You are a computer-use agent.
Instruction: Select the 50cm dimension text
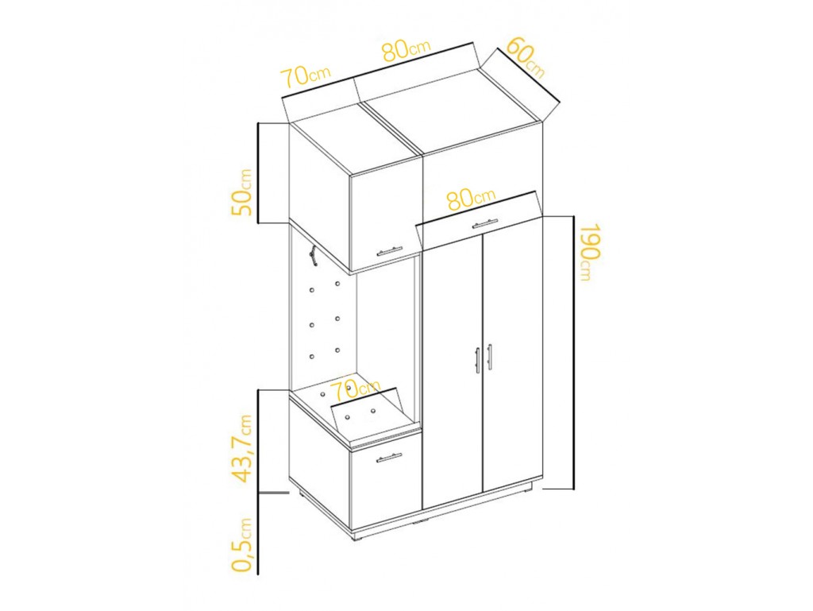(242, 192)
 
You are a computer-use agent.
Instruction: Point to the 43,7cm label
(242, 448)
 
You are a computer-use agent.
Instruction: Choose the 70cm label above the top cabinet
(306, 76)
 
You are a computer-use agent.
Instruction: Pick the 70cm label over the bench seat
(356, 389)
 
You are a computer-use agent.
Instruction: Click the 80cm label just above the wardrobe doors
(471, 199)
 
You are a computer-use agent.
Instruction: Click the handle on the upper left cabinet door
(389, 251)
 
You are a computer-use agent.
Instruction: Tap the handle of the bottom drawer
(389, 457)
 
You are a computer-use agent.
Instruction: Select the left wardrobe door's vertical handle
(477, 360)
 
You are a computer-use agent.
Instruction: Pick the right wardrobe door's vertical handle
(489, 357)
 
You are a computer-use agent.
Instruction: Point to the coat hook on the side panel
(312, 256)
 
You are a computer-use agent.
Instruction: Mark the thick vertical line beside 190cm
(573, 352)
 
